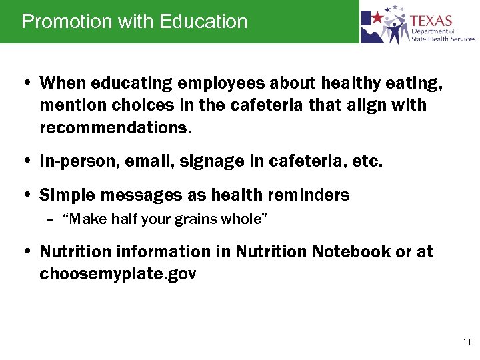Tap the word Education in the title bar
[203, 21]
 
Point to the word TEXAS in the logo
[431, 21]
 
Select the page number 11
[467, 343]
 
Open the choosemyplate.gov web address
[118, 274]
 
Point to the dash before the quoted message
[51, 219]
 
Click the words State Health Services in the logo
[443, 39]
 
